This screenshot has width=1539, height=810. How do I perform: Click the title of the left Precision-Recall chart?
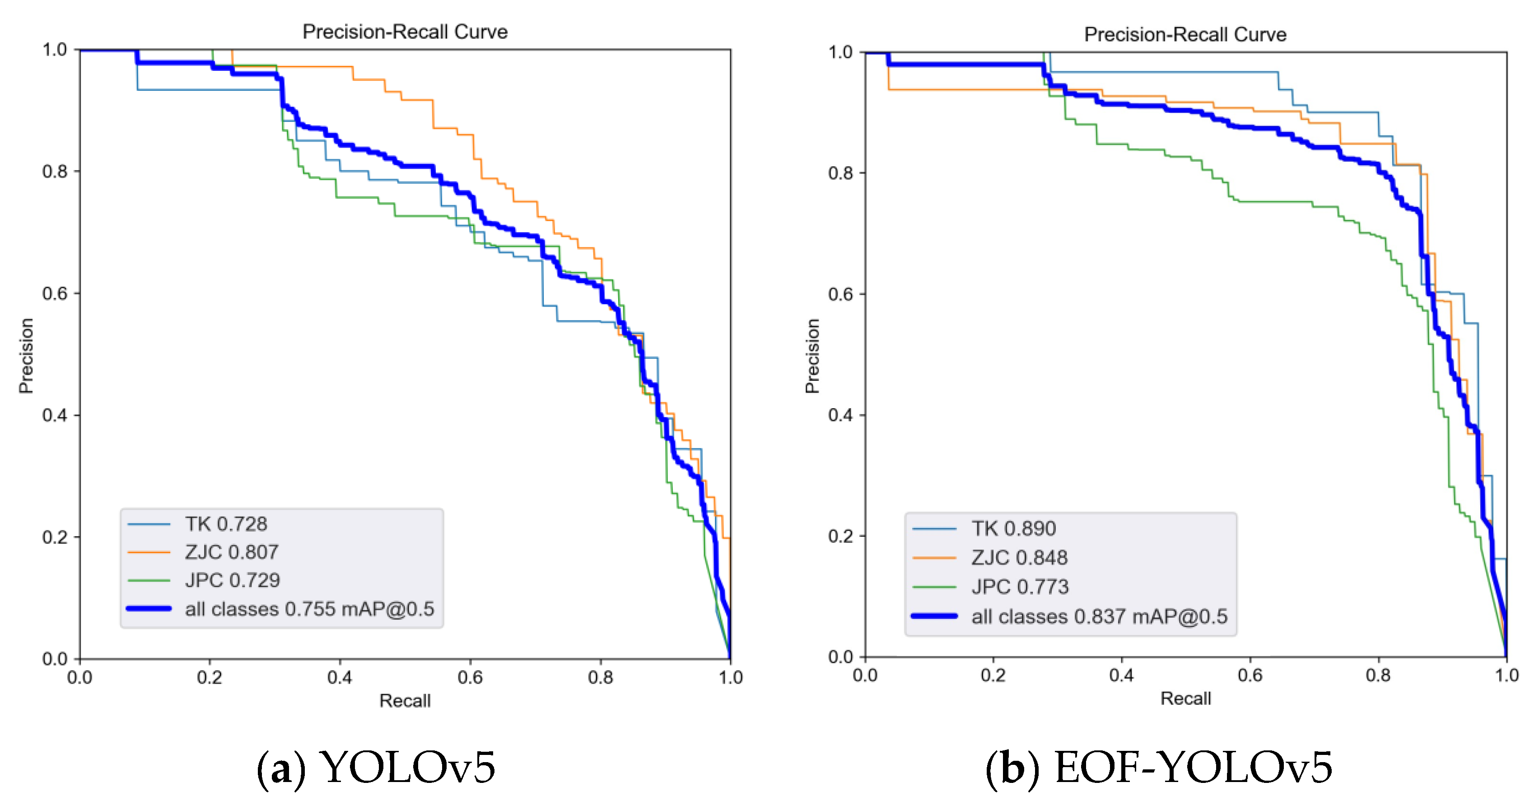coord(405,32)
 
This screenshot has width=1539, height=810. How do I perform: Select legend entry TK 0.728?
coord(226,524)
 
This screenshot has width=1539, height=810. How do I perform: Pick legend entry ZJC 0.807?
coord(232,552)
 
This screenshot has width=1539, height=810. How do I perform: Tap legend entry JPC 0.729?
coord(233,580)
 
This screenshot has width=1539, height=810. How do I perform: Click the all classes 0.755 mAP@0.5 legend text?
coord(309,609)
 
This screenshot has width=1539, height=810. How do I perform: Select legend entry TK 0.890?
coord(1013,529)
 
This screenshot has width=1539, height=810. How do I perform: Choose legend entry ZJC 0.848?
coord(1019,557)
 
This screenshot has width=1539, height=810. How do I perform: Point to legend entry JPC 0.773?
coord(1020,587)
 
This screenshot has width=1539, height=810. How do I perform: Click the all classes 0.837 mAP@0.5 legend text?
coord(1099,616)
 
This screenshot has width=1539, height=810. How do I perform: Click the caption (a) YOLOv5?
coord(376,768)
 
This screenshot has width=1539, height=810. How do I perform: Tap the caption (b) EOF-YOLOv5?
coord(1159,768)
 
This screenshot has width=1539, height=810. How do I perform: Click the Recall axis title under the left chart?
coord(405,701)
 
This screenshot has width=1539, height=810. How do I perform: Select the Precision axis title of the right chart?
coord(812,356)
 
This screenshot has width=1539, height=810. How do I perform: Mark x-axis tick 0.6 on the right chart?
coord(1250,675)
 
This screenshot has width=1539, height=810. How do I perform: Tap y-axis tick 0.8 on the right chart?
coord(840,173)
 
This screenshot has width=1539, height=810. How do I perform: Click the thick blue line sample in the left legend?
coord(149,609)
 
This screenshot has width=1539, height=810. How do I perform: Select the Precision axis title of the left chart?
coord(26,356)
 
